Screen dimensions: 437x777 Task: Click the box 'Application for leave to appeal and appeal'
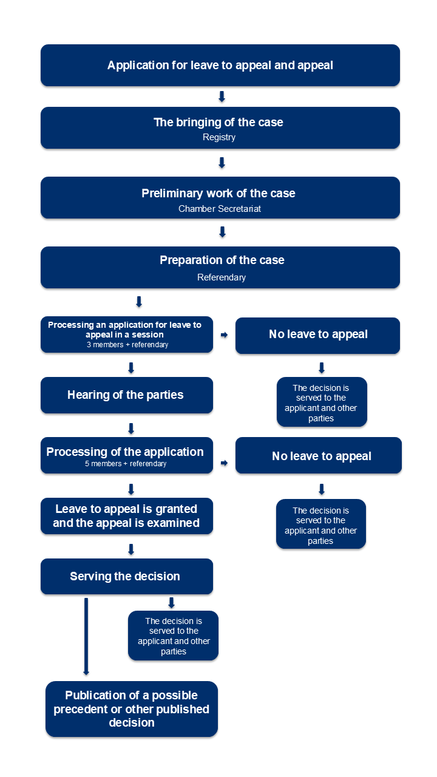pyautogui.click(x=220, y=65)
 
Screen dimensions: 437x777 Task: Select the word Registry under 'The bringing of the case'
pyautogui.click(x=219, y=137)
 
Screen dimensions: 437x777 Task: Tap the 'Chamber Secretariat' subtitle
pyautogui.click(x=220, y=209)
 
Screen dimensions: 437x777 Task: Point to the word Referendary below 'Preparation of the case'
pyautogui.click(x=222, y=277)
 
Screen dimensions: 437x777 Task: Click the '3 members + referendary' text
pyautogui.click(x=127, y=345)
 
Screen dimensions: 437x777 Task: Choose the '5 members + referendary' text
pyautogui.click(x=126, y=464)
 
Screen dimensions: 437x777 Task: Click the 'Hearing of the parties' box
pyautogui.click(x=127, y=395)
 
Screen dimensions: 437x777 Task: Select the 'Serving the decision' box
pyautogui.click(x=127, y=576)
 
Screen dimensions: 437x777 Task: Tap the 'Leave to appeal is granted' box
pyautogui.click(x=127, y=516)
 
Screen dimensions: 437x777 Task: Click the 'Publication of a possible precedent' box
pyautogui.click(x=132, y=709)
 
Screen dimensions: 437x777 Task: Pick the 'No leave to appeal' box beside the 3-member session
pyautogui.click(x=317, y=336)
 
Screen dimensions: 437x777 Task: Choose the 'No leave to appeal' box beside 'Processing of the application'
pyautogui.click(x=319, y=455)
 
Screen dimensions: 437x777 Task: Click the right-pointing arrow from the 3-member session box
pyautogui.click(x=225, y=334)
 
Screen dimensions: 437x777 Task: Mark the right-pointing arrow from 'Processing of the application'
pyautogui.click(x=225, y=463)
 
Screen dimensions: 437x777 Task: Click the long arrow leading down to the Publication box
pyautogui.click(x=86, y=637)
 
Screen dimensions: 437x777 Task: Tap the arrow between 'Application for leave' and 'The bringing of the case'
pyautogui.click(x=222, y=97)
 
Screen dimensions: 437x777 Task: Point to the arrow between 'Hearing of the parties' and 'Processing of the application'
pyautogui.click(x=131, y=429)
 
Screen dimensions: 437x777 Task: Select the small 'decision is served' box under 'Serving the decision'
pyautogui.click(x=173, y=636)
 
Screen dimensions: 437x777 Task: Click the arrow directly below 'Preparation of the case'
pyautogui.click(x=139, y=302)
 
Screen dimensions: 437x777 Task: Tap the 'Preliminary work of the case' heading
pyautogui.click(x=218, y=193)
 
